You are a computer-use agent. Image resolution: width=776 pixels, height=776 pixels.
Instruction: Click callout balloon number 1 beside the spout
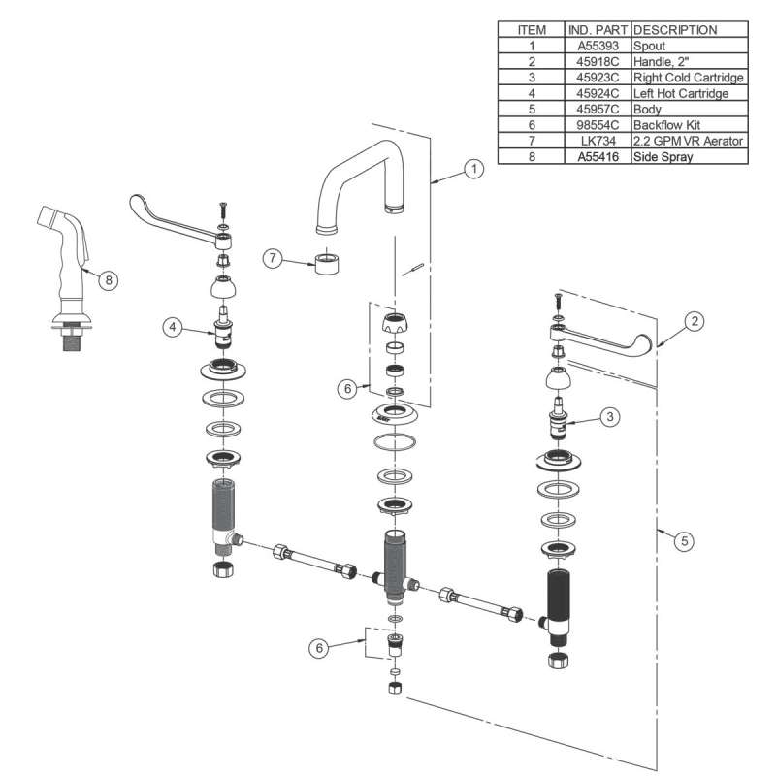473,169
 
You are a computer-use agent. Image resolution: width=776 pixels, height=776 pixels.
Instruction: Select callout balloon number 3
609,417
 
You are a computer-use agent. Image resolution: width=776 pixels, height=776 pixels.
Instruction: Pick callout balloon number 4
172,328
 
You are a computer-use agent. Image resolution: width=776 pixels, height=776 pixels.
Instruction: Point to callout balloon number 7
274,258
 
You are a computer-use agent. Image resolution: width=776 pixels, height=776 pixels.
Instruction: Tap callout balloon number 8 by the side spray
109,280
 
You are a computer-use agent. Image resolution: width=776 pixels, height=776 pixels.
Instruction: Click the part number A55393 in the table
598,45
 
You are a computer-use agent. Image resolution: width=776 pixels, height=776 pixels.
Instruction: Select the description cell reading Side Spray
664,156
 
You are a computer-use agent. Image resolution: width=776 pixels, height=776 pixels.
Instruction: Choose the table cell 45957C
598,110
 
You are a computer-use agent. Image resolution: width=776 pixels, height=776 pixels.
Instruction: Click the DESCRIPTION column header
675,29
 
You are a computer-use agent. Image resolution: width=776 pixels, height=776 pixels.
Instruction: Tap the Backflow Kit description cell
669,125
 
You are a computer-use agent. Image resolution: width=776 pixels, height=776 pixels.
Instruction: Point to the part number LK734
598,142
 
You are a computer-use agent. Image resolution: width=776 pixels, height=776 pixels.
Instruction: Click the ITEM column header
532,29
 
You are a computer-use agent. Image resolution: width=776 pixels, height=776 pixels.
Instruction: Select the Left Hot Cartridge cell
679,93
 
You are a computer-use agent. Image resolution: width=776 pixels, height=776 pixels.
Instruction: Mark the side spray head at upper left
61,234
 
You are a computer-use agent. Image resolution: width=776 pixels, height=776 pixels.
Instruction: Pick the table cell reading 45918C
598,61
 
